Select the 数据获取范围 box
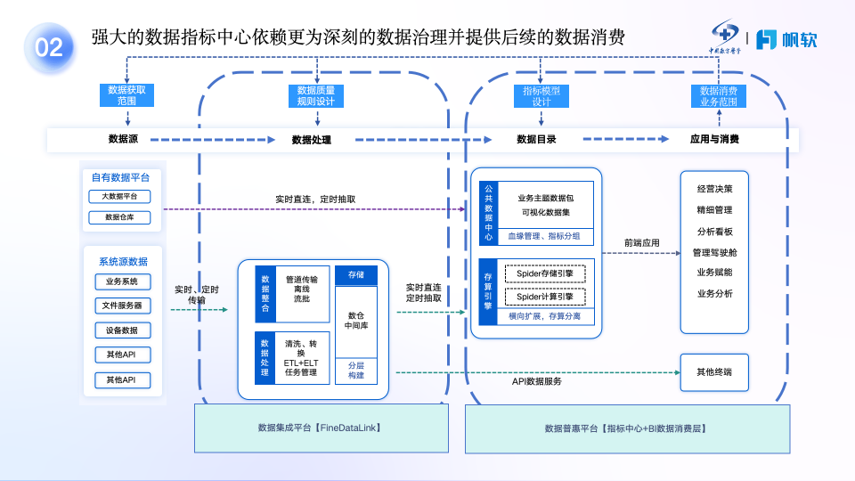[x=126, y=95]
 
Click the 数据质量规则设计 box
[x=315, y=95]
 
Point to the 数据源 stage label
[x=123, y=139]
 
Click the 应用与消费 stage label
[x=714, y=139]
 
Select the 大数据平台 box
[x=119, y=196]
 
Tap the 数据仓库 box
[x=119, y=216]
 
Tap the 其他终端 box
[x=715, y=372]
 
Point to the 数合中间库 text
[x=356, y=320]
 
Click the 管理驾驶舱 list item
[x=715, y=252]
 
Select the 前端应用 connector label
[x=641, y=241]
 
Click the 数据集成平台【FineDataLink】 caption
[x=319, y=428]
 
